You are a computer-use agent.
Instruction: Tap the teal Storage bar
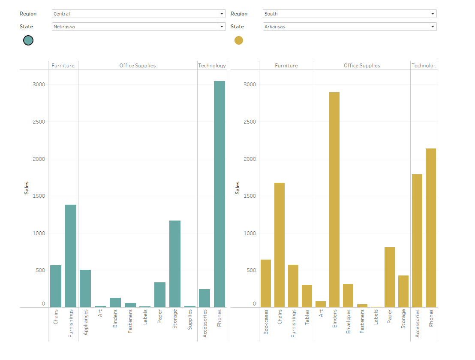pyautogui.click(x=175, y=264)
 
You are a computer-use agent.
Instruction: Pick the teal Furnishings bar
pyautogui.click(x=71, y=256)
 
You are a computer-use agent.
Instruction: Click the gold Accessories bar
pyautogui.click(x=417, y=241)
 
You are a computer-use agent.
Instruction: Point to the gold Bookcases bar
pyautogui.click(x=266, y=283)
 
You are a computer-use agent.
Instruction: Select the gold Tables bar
pyautogui.click(x=307, y=296)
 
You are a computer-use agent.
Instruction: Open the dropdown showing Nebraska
pyautogui.click(x=138, y=27)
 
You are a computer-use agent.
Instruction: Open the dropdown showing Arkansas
pyautogui.click(x=349, y=27)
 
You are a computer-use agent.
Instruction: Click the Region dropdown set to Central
pyautogui.click(x=138, y=14)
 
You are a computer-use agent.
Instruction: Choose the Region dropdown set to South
pyautogui.click(x=349, y=14)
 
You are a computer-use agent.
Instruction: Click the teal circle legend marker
pyautogui.click(x=28, y=40)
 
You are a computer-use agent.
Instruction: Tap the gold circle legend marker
pyautogui.click(x=239, y=40)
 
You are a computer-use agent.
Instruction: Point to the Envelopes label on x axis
pyautogui.click(x=349, y=322)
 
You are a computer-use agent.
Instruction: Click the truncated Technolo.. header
pyautogui.click(x=424, y=66)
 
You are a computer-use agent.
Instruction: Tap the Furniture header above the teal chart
pyautogui.click(x=63, y=66)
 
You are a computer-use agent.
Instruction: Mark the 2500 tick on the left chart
pyautogui.click(x=39, y=122)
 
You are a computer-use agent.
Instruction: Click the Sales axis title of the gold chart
pyautogui.click(x=237, y=188)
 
